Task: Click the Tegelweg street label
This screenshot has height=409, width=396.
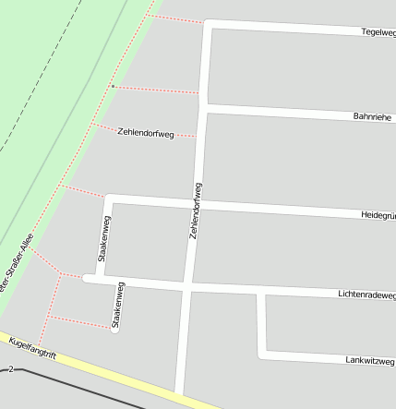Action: click(378, 32)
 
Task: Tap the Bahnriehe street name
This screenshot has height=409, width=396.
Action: click(374, 117)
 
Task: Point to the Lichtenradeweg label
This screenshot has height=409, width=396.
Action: click(366, 295)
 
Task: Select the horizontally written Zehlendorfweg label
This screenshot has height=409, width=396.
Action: click(146, 133)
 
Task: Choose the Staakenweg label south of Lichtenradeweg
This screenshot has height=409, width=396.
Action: click(118, 306)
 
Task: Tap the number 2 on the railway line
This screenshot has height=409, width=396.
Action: click(11, 369)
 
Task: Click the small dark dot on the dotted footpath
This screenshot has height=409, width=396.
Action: click(113, 87)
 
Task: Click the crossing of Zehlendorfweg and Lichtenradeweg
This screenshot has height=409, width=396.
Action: click(188, 287)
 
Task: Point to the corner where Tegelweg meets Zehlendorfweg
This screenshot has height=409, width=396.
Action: click(208, 23)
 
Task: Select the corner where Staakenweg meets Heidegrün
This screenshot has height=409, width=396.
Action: click(109, 198)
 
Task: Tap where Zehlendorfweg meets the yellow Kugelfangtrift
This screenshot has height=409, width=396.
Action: click(179, 394)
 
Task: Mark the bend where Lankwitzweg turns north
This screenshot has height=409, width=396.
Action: click(263, 354)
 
